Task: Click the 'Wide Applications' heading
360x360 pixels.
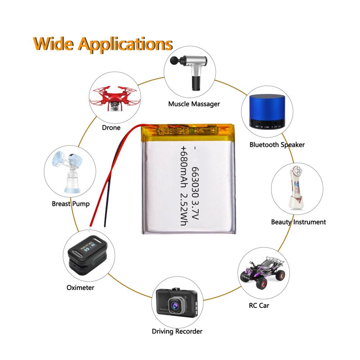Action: click(x=102, y=44)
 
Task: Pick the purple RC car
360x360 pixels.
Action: click(x=263, y=272)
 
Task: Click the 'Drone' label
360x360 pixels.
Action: click(x=111, y=127)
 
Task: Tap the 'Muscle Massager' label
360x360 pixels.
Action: click(x=194, y=104)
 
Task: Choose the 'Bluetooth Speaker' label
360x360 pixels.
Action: click(x=277, y=145)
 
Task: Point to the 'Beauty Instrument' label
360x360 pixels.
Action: click(x=298, y=222)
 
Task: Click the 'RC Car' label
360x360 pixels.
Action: click(x=259, y=306)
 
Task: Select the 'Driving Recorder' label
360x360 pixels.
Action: click(x=177, y=331)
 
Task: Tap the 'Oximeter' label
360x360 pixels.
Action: click(x=80, y=287)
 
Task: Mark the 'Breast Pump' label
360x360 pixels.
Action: click(x=70, y=203)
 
